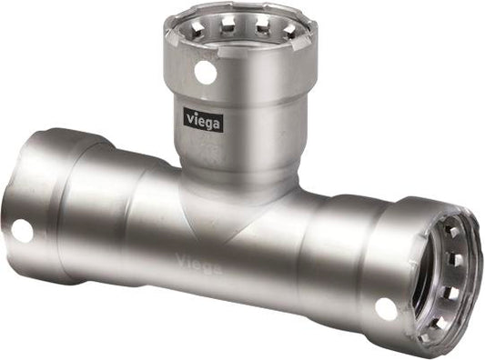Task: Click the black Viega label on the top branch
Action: (203, 119)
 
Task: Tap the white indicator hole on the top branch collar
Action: (206, 72)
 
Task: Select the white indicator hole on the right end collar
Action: (386, 308)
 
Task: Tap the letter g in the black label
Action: (208, 121)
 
